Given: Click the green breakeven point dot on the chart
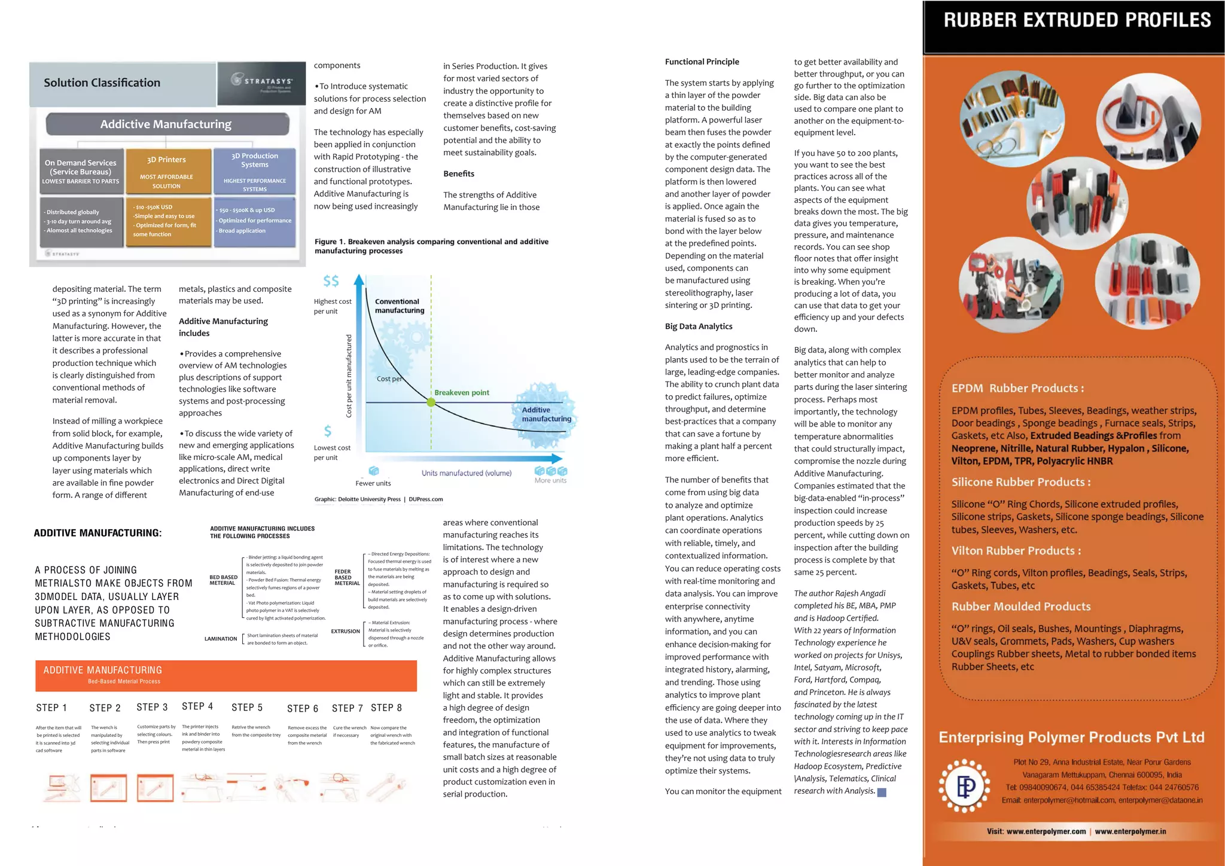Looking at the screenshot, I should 431,402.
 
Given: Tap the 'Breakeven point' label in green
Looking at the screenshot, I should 462,393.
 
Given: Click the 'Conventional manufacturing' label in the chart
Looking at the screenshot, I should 399,306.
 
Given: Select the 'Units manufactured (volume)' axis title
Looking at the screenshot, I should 467,473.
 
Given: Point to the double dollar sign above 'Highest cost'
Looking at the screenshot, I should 331,281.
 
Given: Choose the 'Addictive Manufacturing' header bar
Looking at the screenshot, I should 166,124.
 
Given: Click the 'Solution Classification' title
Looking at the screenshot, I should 102,83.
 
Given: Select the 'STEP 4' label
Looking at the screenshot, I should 197,706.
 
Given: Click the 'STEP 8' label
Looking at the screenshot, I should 386,708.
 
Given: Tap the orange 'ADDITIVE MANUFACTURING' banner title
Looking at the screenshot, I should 103,670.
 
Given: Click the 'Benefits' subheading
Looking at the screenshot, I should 459,174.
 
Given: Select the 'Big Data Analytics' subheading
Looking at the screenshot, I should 699,327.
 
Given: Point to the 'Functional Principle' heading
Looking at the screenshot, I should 702,62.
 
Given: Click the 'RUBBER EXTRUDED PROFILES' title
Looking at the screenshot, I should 1077,20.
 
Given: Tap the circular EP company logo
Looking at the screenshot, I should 964,786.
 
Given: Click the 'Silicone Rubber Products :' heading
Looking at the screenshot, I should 1021,482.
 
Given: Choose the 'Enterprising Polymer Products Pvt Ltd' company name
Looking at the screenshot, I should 1071,737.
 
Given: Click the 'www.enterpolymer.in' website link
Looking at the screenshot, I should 1130,831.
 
